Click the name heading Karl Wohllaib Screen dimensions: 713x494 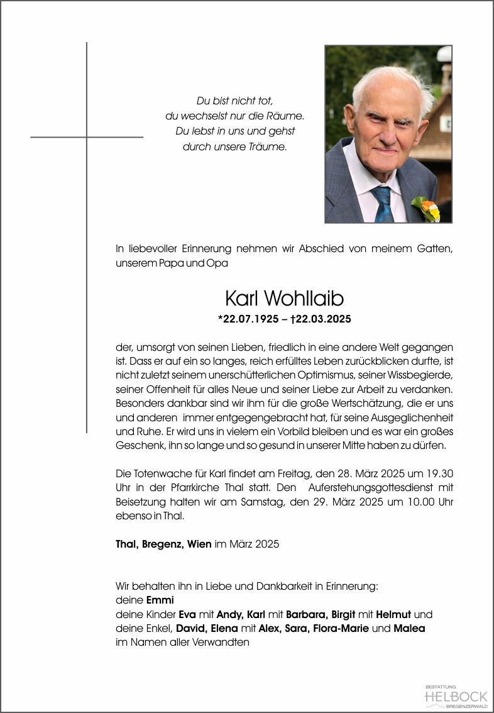(284, 298)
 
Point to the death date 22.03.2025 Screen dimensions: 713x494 (322, 319)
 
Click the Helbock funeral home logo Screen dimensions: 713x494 (456, 696)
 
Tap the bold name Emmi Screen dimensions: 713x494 (160, 600)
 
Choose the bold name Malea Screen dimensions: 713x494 (409, 628)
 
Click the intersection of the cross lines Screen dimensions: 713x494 (87, 137)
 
